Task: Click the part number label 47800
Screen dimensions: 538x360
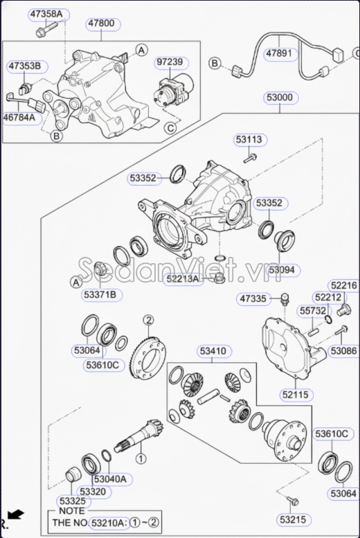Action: coord(100,23)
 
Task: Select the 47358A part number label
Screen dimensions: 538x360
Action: coord(46,14)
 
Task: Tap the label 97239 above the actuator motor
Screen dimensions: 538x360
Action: coord(170,62)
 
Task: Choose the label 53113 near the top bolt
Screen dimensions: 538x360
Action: coord(249,140)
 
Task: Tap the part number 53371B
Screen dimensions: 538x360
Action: coord(100,295)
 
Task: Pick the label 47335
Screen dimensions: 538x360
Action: coord(252,299)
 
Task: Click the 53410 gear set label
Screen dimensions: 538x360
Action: coord(213,351)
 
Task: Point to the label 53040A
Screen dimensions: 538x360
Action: coord(109,479)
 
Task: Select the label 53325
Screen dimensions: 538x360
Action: coord(72,500)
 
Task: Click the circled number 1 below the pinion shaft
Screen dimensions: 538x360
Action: coord(141,458)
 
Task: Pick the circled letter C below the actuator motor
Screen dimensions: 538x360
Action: coord(169,127)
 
